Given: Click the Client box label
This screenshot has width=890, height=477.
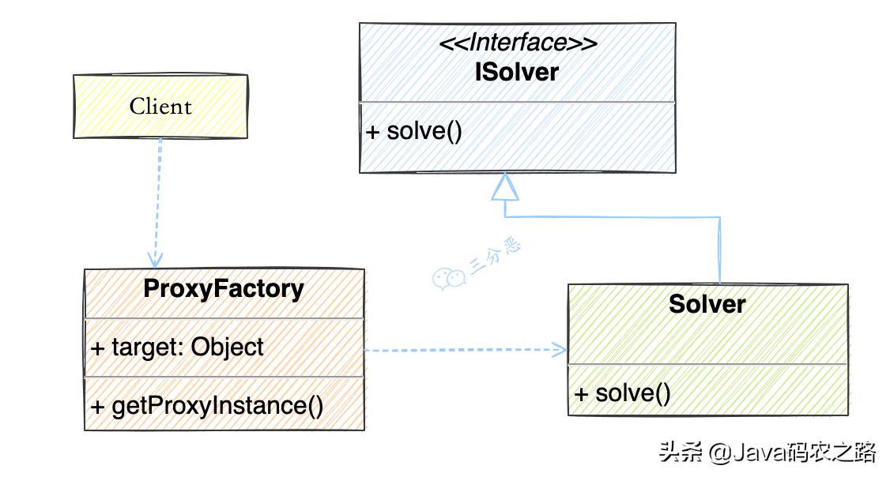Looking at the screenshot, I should [x=160, y=107].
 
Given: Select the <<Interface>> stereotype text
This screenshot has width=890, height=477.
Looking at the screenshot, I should [x=518, y=43].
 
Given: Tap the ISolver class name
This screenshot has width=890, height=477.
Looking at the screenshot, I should [x=517, y=72].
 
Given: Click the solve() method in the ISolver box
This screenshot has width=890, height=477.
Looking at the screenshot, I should [x=414, y=130].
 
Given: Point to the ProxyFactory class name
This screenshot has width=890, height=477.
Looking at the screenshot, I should [x=224, y=289].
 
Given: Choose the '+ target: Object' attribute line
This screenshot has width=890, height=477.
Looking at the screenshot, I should [x=178, y=347].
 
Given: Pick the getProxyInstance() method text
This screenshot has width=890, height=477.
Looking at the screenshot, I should [x=208, y=406].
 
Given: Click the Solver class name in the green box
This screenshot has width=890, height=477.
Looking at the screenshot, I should [x=707, y=304].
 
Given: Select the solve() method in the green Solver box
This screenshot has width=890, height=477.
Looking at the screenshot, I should [x=623, y=392].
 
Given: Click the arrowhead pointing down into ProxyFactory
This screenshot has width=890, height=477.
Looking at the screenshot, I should [x=155, y=259].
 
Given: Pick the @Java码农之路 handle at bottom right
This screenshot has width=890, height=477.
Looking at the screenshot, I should [x=792, y=453].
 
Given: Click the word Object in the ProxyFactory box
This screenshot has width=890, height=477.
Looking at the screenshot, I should [x=227, y=347].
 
